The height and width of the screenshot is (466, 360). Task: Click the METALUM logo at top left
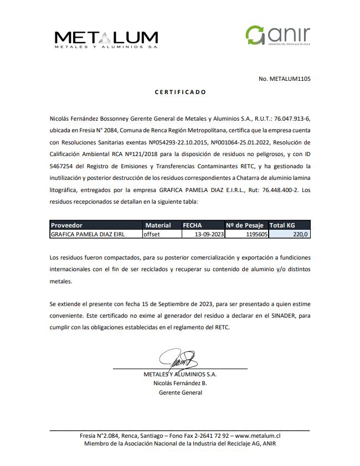(106, 39)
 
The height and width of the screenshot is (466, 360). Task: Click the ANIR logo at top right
(278, 36)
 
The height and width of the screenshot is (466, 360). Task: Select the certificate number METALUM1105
(284, 79)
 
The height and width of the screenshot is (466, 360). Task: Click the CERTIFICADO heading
(180, 92)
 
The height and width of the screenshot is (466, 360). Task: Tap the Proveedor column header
(66, 225)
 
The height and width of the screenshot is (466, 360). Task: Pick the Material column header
(158, 225)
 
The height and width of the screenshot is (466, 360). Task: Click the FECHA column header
(192, 225)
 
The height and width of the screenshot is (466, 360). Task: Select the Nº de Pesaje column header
(245, 225)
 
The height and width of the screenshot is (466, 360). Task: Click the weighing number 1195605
(255, 234)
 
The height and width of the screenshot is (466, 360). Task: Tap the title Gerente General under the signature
(180, 392)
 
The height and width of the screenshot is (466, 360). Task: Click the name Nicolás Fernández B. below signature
(180, 383)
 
